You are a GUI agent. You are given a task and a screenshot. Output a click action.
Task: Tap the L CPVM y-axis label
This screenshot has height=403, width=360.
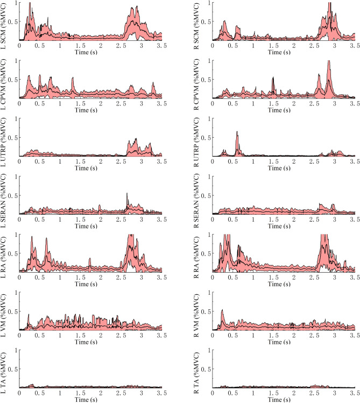click(x=4, y=80)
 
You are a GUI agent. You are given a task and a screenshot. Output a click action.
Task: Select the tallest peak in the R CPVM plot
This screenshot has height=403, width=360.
click(x=328, y=62)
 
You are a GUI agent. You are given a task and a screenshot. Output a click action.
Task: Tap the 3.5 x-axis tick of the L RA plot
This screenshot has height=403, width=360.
click(x=160, y=278)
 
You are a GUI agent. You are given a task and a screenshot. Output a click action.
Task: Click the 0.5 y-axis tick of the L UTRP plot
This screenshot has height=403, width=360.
click(x=13, y=138)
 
